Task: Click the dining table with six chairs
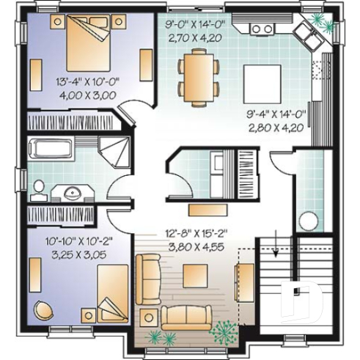[199, 76]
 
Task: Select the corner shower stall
[114, 152]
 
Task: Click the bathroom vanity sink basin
[73, 194]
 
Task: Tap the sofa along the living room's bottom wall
[186, 317]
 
